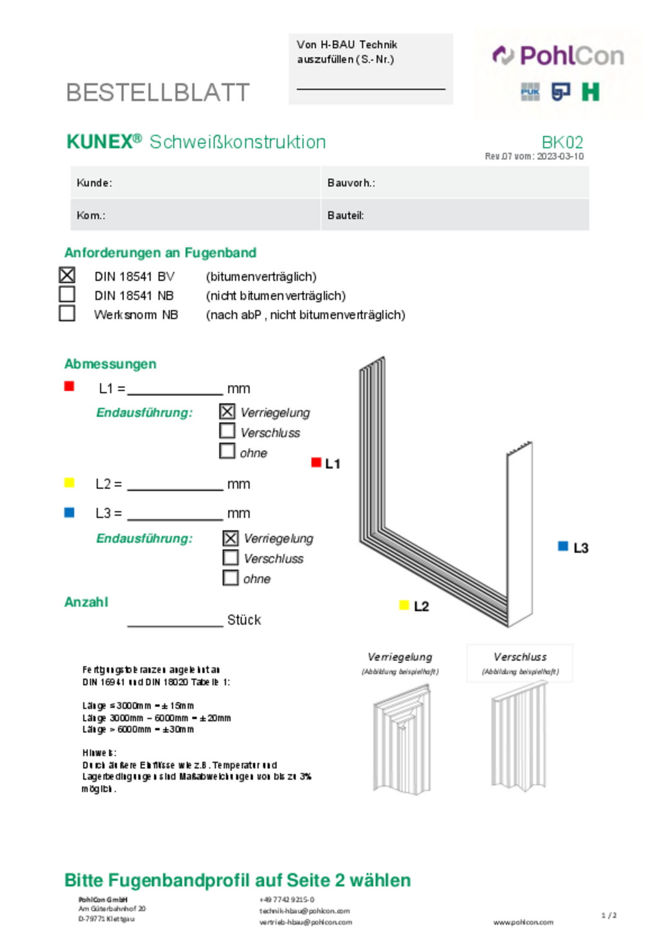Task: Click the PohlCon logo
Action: pyautogui.click(x=558, y=56)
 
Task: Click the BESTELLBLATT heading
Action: pyautogui.click(x=158, y=93)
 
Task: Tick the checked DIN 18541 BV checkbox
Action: pyautogui.click(x=67, y=275)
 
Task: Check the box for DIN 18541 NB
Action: pyautogui.click(x=67, y=294)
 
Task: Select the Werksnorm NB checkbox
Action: pyautogui.click(x=67, y=313)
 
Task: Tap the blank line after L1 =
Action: pyautogui.click(x=175, y=389)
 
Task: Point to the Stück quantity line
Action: pyautogui.click(x=175, y=621)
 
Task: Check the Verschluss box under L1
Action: pyautogui.click(x=227, y=431)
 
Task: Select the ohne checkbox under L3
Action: pyautogui.click(x=230, y=578)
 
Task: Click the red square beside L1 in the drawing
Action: pyautogui.click(x=316, y=462)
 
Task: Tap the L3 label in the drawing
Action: pyautogui.click(x=580, y=548)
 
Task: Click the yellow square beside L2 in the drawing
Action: pyautogui.click(x=404, y=605)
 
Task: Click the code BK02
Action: pyautogui.click(x=562, y=142)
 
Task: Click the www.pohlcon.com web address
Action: pyautogui.click(x=523, y=922)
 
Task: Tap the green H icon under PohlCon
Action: pyautogui.click(x=590, y=92)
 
